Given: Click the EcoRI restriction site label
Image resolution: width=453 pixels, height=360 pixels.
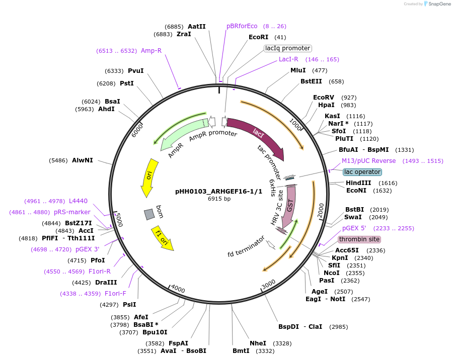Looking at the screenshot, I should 260,37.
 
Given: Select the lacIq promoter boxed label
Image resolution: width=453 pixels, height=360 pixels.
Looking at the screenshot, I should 288,48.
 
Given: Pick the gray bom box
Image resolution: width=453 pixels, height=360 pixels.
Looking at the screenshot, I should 149,215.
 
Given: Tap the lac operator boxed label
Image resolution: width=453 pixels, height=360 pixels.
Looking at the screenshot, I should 362,172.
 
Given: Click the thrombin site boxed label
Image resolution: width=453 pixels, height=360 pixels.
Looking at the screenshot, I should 359,239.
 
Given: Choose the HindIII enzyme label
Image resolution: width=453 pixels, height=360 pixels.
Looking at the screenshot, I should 358,183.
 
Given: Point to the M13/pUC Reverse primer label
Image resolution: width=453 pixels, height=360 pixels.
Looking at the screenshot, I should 369,161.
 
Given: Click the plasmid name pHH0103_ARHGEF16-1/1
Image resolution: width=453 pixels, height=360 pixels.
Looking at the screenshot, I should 219,192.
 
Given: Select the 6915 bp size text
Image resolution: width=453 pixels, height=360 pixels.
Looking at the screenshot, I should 219,199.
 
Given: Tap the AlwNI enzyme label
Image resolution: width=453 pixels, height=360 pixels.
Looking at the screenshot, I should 83,160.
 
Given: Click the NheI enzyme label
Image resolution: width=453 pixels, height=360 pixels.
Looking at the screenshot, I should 258,343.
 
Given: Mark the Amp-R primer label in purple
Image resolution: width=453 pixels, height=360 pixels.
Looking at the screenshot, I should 151,51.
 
